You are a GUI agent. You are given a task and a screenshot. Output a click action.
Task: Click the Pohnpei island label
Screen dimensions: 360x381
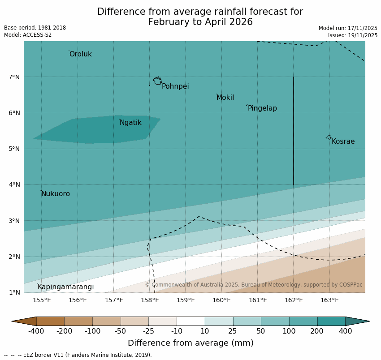point(175,86)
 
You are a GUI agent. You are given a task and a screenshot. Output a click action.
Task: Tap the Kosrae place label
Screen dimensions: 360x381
point(343,141)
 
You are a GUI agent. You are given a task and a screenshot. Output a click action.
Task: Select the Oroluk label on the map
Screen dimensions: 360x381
point(80,54)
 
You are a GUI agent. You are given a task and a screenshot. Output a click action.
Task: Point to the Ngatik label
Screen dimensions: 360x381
point(130,123)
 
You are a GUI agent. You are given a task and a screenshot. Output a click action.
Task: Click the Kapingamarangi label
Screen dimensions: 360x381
point(65,287)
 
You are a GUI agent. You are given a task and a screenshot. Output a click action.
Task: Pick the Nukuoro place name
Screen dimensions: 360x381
point(56,194)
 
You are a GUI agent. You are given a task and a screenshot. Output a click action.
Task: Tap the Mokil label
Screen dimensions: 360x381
point(225,98)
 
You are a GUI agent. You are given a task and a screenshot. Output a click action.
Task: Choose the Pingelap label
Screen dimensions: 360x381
point(262,108)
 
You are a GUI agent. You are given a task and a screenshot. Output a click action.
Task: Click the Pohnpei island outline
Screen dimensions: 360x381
point(157,81)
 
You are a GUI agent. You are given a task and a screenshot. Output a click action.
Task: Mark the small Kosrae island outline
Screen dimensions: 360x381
point(329,137)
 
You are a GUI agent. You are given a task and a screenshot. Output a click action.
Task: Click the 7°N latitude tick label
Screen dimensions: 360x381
point(14,77)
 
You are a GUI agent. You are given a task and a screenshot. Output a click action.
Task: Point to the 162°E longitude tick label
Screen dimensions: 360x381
point(294,300)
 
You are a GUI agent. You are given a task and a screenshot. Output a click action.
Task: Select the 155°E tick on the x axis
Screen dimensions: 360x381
point(42,300)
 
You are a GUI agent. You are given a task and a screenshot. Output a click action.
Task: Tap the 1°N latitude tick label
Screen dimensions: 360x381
point(14,292)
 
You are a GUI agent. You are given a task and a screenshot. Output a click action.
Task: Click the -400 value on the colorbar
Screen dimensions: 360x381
point(36,331)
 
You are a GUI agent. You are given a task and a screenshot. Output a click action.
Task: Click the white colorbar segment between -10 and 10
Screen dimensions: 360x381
point(190,321)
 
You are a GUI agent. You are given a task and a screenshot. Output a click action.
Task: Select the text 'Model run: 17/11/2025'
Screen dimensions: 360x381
point(348,28)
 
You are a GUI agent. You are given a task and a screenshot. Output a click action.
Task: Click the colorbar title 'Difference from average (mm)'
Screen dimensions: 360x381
point(190,343)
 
